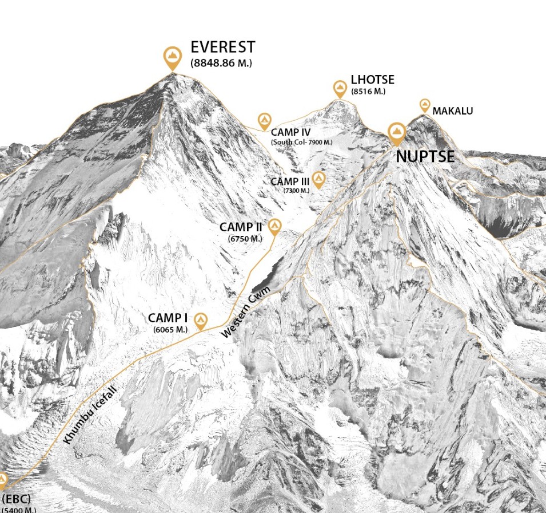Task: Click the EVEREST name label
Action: tap(223, 47)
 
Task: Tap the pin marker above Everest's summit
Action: tap(172, 57)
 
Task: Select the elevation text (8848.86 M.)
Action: tap(221, 63)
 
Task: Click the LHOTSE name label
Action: tap(372, 80)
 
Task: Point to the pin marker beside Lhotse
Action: tap(340, 88)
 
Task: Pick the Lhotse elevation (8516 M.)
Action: tap(368, 92)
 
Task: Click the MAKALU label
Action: tap(453, 111)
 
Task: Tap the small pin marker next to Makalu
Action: tap(425, 105)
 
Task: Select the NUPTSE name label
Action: tap(425, 156)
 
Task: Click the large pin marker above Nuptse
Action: tap(397, 133)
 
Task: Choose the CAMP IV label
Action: tap(291, 133)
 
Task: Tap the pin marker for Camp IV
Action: tap(264, 120)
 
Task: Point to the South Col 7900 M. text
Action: tap(302, 142)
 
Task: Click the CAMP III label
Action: tap(290, 181)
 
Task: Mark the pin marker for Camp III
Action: tap(318, 179)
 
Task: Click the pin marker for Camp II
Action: tap(275, 227)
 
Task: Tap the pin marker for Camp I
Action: tap(200, 321)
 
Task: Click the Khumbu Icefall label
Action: tap(91, 416)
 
